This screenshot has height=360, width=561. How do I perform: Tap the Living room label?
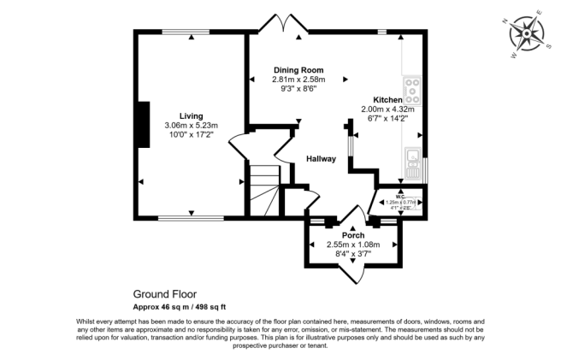click(191, 115)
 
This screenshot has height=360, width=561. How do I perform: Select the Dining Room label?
click(298, 69)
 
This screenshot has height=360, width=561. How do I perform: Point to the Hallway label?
click(321, 159)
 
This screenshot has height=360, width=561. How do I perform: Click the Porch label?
click(353, 235)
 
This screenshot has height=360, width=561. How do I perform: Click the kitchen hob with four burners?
click(412, 86)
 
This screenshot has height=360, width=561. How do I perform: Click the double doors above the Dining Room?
click(286, 24)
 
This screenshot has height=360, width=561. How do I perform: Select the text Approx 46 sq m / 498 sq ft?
click(179, 306)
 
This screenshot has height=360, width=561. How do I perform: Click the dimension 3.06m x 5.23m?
click(191, 125)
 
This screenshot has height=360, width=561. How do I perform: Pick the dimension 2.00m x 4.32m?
click(387, 109)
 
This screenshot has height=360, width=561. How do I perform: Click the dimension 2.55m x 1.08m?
click(353, 244)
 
